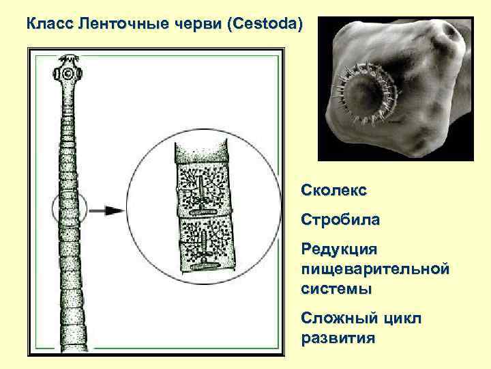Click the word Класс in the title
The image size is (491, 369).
tap(50, 25)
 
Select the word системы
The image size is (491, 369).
tap(336, 288)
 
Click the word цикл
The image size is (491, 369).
tap(402, 318)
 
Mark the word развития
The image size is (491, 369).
tap(338, 338)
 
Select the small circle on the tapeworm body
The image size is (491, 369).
tap(70, 211)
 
